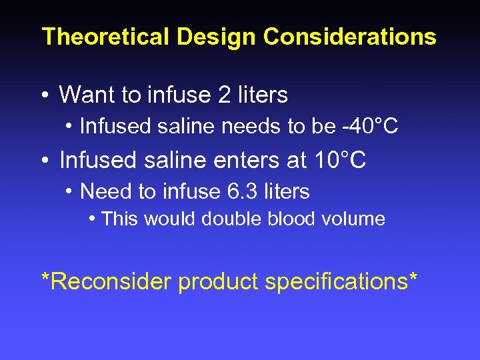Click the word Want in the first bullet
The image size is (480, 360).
point(87,95)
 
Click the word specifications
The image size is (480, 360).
point(336,282)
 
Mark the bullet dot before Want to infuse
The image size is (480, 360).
point(44,96)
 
